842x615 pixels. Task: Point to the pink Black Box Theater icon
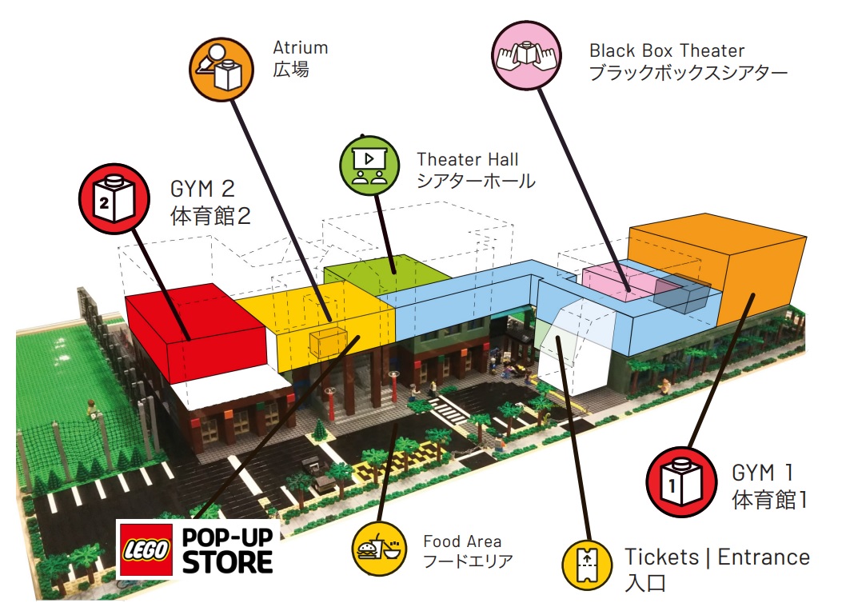point(524,54)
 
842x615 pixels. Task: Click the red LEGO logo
point(146,549)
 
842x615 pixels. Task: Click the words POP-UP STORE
point(228,549)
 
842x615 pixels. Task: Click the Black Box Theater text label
point(667,51)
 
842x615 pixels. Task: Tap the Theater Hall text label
point(468,159)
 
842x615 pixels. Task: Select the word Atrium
point(301,48)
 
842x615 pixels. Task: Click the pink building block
point(616,283)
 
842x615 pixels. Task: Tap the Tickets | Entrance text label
point(716,557)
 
